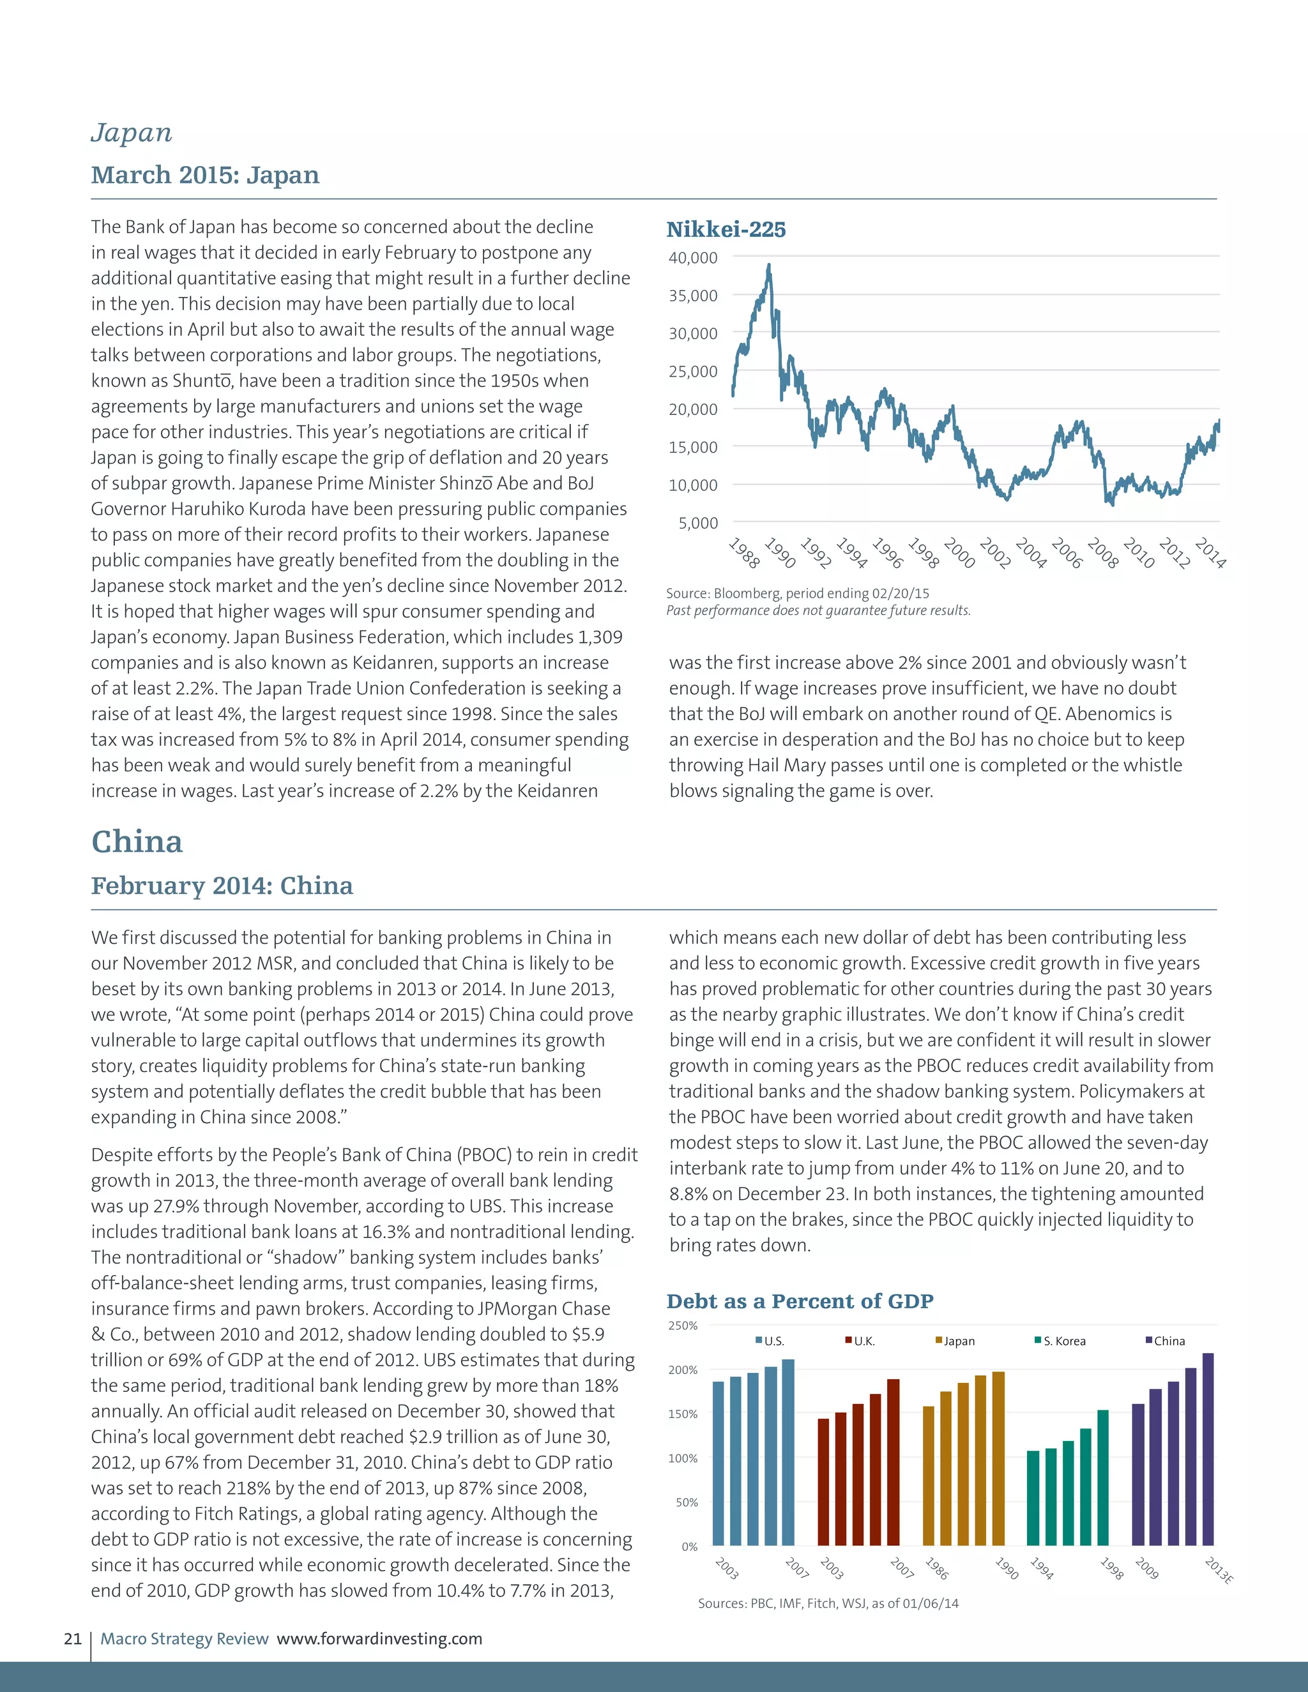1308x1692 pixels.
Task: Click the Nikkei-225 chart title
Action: coord(726,229)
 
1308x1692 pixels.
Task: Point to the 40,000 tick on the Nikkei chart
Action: coord(693,257)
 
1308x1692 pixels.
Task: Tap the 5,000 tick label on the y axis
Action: coord(698,523)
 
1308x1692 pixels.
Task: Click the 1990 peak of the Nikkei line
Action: coord(769,266)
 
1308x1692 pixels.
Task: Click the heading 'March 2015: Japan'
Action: coord(206,175)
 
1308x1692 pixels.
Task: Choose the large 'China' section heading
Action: coord(137,842)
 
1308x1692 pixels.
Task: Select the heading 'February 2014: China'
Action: coord(222,886)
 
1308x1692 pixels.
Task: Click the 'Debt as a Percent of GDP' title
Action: coord(800,1301)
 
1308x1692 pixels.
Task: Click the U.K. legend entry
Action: coord(860,1341)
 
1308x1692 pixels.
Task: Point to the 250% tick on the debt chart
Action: coord(683,1326)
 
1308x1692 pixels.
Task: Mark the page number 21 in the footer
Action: coord(72,1638)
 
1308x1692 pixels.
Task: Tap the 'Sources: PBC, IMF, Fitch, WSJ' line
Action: coord(828,1603)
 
